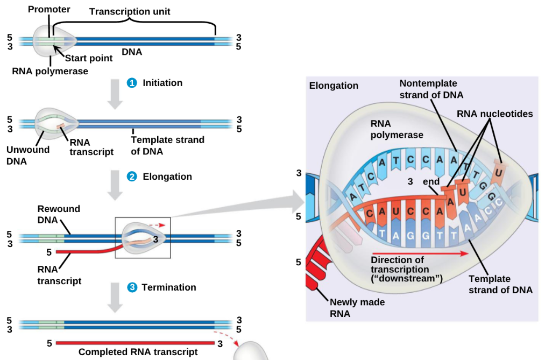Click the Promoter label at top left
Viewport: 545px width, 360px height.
point(49,9)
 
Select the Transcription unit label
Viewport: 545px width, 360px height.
point(130,11)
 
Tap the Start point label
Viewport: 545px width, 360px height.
point(89,58)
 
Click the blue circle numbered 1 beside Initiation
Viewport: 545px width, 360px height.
point(131,83)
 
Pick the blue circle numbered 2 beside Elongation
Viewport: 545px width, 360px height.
point(131,177)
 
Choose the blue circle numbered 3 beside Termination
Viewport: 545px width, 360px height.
point(132,287)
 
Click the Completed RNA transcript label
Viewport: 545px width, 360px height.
point(138,352)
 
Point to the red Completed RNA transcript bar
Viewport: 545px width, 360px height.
point(135,343)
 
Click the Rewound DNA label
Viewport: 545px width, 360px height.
point(59,214)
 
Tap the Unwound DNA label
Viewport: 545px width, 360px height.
point(28,155)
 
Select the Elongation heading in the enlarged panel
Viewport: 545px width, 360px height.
point(334,86)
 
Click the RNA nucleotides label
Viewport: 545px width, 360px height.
point(494,114)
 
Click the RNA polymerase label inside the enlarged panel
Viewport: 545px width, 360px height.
point(397,129)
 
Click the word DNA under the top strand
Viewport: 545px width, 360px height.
point(132,52)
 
